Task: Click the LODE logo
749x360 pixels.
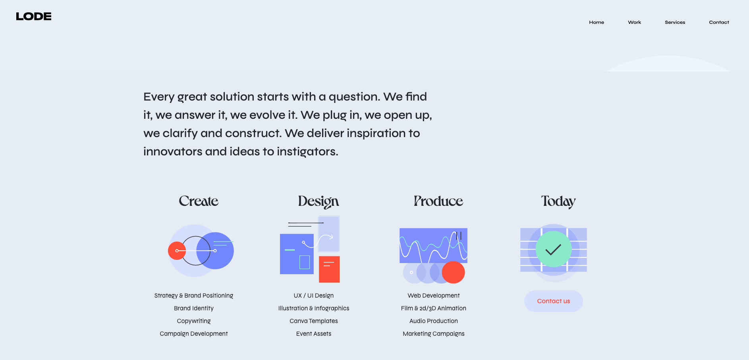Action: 34,16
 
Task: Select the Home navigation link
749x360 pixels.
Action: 596,22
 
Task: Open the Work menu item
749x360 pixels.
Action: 634,22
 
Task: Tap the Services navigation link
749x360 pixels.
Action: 675,22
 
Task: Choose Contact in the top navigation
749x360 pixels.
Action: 719,22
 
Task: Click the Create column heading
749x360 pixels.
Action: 199,201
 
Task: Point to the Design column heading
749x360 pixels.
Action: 318,201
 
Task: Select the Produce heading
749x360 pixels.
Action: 438,201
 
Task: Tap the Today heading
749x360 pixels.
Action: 558,201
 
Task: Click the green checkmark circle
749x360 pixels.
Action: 554,249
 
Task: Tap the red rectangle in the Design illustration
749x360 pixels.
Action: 329,269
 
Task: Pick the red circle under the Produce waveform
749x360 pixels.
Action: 453,272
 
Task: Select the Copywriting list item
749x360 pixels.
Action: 194,321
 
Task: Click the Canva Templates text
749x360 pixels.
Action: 314,321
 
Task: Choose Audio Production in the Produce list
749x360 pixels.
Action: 434,321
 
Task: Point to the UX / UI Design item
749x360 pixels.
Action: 314,296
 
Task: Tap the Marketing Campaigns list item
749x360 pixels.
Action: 434,334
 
